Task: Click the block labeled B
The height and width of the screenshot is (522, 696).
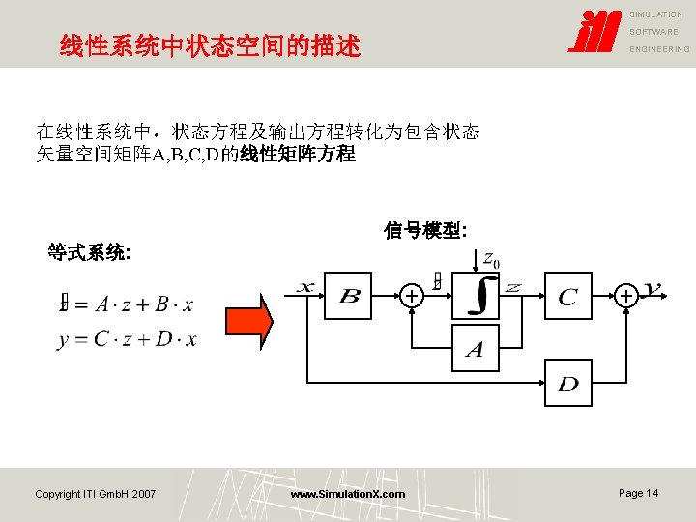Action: pos(350,296)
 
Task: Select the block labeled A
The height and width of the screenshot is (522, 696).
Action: pos(475,348)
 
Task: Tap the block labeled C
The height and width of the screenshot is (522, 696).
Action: pos(568,296)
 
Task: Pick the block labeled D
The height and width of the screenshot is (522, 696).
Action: pos(568,383)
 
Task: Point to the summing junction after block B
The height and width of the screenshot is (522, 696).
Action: pos(412,295)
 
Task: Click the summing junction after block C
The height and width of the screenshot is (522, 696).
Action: pos(626,295)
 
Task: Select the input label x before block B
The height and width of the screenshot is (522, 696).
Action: pos(305,287)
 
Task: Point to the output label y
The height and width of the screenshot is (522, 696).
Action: pos(652,288)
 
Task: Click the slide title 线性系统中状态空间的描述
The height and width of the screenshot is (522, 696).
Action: pos(210,45)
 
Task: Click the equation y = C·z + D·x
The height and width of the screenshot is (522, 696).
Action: pos(127,339)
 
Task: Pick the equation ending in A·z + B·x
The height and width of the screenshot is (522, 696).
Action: pos(127,304)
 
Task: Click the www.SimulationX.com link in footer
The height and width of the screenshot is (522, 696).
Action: pos(348,494)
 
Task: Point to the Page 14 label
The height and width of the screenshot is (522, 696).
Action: pos(638,493)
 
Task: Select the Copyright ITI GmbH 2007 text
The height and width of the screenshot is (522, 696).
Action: pos(95,494)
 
